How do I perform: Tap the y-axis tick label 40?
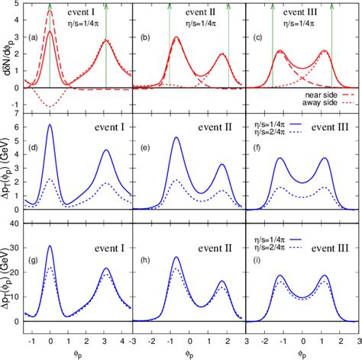(x=16, y=222)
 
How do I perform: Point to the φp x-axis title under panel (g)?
(x=77, y=353)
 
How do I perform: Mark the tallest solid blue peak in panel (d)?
(x=50, y=125)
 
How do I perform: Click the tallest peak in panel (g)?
(x=50, y=246)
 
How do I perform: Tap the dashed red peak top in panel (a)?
(x=50, y=11)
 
